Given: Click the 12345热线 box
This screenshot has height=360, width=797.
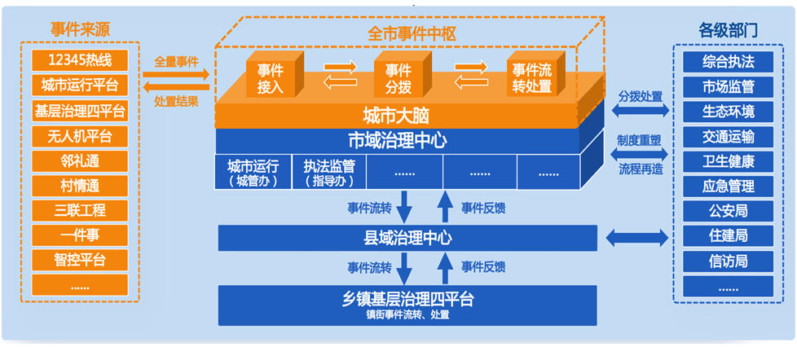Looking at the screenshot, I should pyautogui.click(x=80, y=60).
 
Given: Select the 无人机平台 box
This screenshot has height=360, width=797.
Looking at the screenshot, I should pyautogui.click(x=80, y=135).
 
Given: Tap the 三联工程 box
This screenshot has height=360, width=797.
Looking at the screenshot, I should pyautogui.click(x=80, y=210).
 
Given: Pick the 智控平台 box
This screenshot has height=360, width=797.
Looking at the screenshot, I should pyautogui.click(x=80, y=261).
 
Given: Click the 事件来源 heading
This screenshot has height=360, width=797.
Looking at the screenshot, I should pyautogui.click(x=80, y=30).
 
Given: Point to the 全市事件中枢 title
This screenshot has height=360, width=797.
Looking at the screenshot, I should pyautogui.click(x=412, y=33).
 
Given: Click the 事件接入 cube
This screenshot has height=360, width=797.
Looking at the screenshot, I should pyautogui.click(x=271, y=77).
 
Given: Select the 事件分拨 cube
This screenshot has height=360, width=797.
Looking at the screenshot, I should pyautogui.click(x=398, y=77).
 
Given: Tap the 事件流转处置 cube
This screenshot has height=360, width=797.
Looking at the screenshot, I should pyautogui.click(x=530, y=77).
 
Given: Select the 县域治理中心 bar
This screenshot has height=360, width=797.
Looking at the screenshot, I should pyautogui.click(x=407, y=238).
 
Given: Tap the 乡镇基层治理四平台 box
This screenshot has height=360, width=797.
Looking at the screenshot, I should pyautogui.click(x=407, y=303).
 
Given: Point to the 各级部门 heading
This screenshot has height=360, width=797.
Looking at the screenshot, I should pyautogui.click(x=728, y=30).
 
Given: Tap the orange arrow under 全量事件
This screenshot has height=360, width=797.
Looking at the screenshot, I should pyautogui.click(x=175, y=75).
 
